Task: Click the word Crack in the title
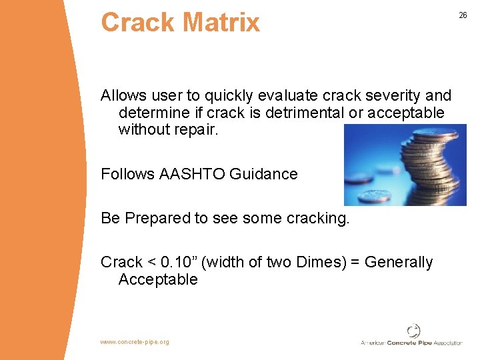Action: click(x=137, y=23)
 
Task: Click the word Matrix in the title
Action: click(x=220, y=23)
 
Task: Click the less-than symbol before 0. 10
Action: click(x=152, y=263)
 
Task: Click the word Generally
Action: click(x=403, y=263)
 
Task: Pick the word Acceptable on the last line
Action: click(x=158, y=279)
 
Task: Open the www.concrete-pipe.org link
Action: click(x=135, y=342)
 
